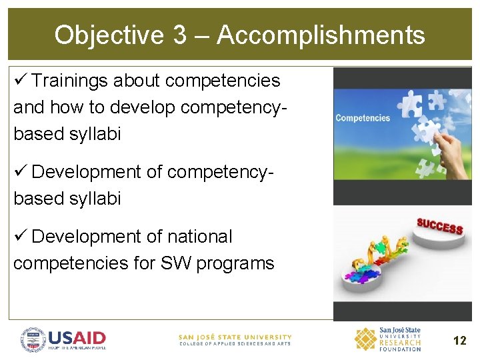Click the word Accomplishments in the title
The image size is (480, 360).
coord(321,35)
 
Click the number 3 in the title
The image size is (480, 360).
coord(179,35)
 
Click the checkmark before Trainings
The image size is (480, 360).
coord(20,81)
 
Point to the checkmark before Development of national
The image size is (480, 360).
coord(20,237)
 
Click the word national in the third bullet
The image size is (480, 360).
coord(200,237)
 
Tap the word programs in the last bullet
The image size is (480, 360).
coord(236,263)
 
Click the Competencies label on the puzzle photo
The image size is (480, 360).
coord(363,118)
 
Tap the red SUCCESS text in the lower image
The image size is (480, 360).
coord(439,226)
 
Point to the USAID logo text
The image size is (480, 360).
coord(77,338)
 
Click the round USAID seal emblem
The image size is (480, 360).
coord(33,339)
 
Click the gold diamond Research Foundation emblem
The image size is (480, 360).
coord(365,339)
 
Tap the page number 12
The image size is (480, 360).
coord(459,341)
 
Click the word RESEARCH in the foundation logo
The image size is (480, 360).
coord(400,343)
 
